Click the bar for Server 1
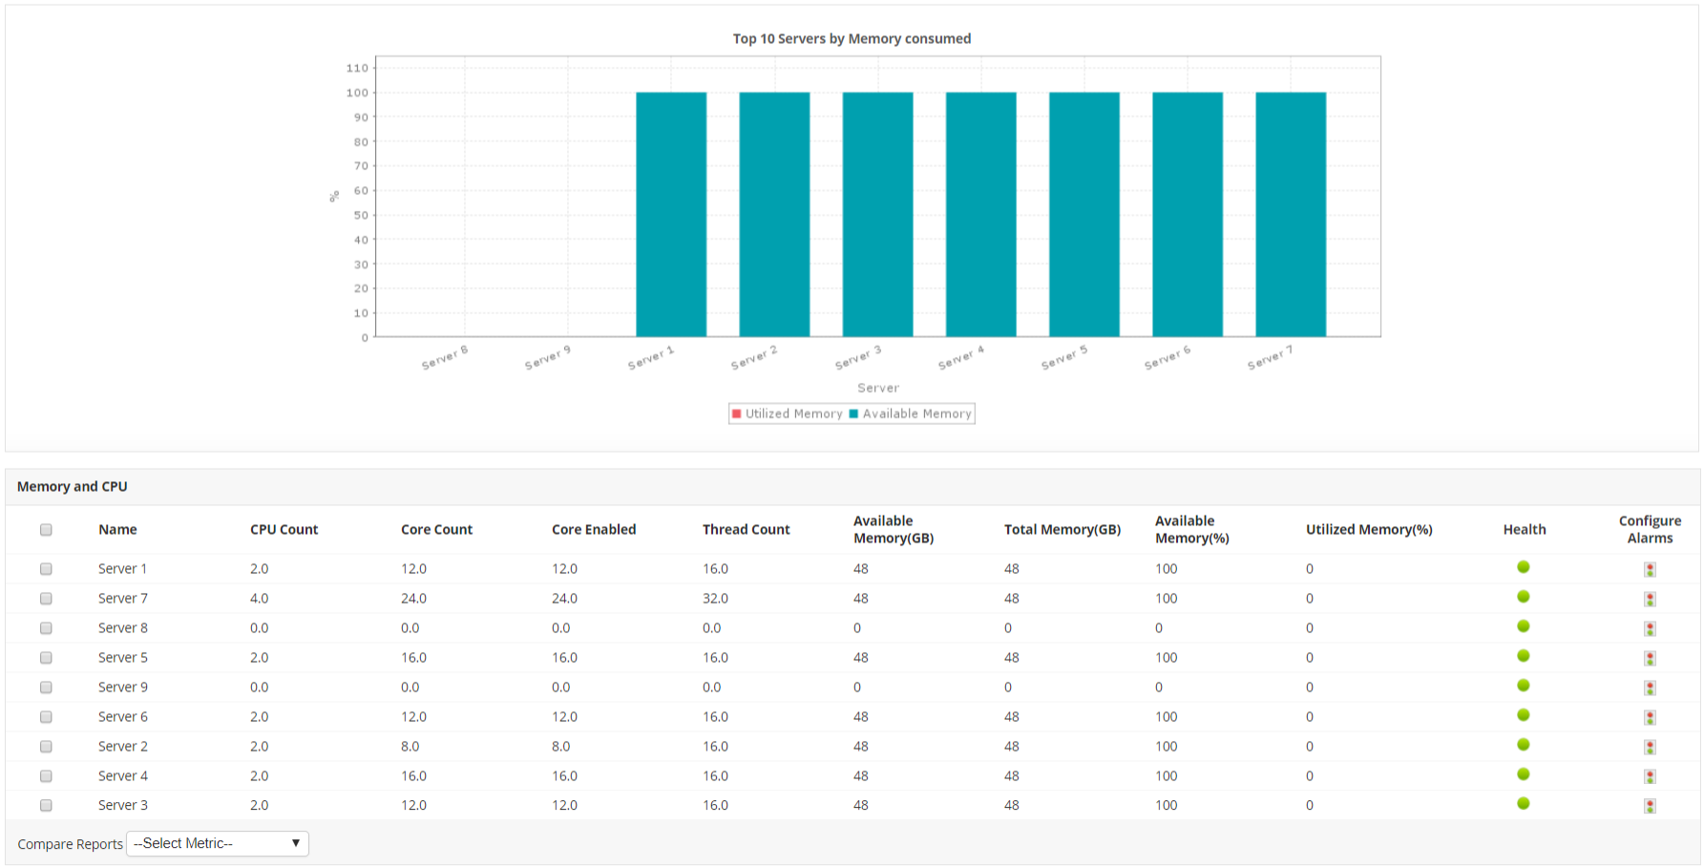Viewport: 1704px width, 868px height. (671, 214)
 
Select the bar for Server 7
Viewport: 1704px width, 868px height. (1291, 214)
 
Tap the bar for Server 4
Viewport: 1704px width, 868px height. (980, 214)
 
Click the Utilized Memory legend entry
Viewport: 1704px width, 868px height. (788, 413)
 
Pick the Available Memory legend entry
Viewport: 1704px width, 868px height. (911, 413)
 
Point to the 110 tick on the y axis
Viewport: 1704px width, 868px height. (357, 68)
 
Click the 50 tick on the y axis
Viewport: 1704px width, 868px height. (361, 215)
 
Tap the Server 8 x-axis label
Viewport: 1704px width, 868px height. (445, 357)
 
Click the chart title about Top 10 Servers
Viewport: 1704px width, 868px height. (852, 38)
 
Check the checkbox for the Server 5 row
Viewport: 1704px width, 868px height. (46, 658)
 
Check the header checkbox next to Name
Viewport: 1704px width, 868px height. (46, 530)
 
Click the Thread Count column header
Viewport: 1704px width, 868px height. (746, 529)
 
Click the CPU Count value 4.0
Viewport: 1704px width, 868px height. (259, 599)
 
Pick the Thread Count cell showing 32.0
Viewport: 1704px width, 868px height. (715, 599)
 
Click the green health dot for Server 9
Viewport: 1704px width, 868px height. (1524, 686)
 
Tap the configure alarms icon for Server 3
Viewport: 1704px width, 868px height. (1650, 806)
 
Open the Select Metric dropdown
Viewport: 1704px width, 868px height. (218, 843)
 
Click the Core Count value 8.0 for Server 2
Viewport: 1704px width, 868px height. (410, 747)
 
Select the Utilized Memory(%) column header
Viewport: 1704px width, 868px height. (1369, 529)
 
